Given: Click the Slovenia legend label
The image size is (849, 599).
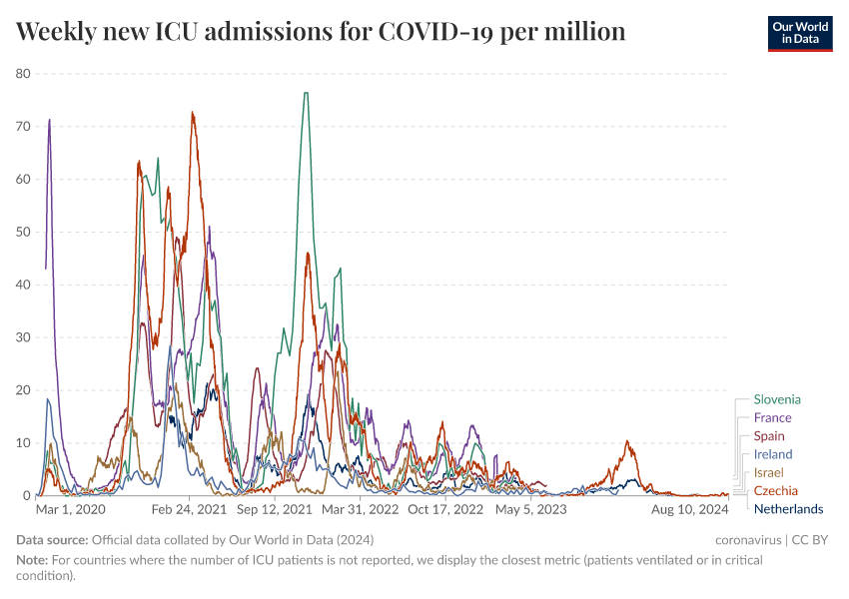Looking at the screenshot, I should coord(777,399).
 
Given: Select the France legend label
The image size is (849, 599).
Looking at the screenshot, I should coord(772,417).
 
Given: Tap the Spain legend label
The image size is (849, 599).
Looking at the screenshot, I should coord(769,436).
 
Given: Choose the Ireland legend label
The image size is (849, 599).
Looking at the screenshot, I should coord(773,454).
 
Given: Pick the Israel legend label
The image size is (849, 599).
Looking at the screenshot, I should coord(769,472).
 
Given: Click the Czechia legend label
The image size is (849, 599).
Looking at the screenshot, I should coord(775,490).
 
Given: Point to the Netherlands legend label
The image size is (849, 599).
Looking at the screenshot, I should coord(788,509).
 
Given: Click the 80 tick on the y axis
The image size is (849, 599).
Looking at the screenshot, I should coord(24,74).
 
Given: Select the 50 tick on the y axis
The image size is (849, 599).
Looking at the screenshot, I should coord(24,232).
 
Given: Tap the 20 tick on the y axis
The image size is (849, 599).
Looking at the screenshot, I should coord(24,390).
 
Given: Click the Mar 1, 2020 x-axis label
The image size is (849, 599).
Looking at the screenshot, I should coord(71,510).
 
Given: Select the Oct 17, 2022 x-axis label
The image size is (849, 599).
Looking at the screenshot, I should coord(445,510).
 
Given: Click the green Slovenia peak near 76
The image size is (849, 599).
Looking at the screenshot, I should coord(306,94).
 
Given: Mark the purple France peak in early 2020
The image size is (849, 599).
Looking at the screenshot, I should coord(49,120).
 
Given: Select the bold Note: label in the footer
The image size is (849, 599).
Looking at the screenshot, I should coord(34,561).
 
